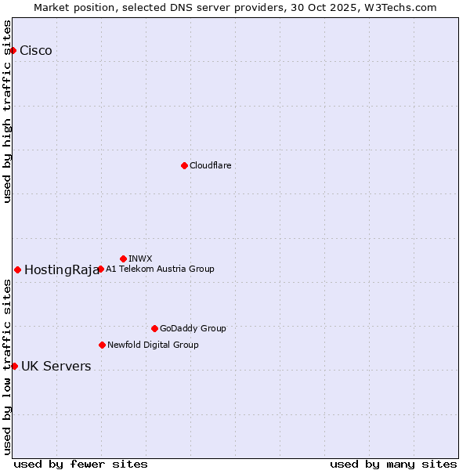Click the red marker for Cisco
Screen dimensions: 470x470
[13, 51]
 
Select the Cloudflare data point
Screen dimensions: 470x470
[184, 165]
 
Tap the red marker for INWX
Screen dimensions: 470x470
[123, 258]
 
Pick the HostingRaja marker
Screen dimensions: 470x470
[17, 269]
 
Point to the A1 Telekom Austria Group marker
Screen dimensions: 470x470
[100, 269]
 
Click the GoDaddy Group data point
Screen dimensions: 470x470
[154, 328]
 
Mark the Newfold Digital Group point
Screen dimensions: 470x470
[102, 345]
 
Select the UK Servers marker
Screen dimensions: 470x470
[14, 366]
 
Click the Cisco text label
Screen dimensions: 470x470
[36, 51]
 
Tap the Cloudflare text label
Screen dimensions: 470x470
[210, 165]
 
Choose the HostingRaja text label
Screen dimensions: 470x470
[62, 270]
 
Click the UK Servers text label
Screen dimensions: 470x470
[56, 367]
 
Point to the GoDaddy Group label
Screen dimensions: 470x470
[193, 328]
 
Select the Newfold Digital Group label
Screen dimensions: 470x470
[153, 345]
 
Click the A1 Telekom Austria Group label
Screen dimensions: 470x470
[160, 269]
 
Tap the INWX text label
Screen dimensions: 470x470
[140, 258]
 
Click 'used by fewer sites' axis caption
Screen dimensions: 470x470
[81, 464]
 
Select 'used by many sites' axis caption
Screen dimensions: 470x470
[393, 464]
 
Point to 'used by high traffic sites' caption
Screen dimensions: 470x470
[8, 111]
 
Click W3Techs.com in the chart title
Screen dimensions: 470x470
[398, 7]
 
